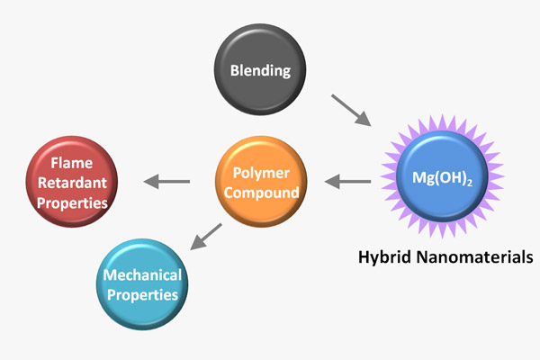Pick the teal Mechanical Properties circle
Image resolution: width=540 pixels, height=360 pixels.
pos(139,283)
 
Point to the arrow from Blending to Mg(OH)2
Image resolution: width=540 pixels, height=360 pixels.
pos(352,109)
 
